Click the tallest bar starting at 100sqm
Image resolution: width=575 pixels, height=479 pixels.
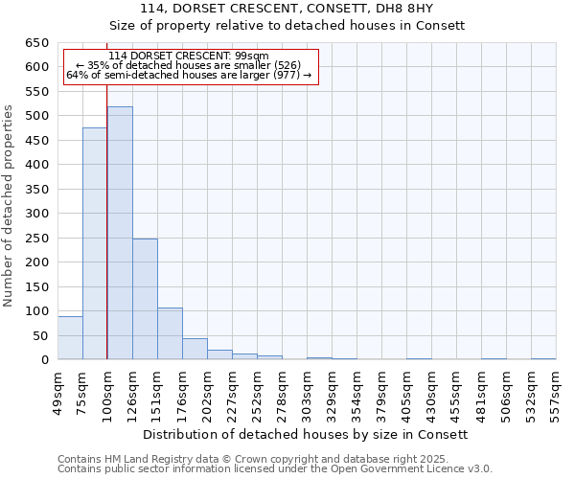pos(120,233)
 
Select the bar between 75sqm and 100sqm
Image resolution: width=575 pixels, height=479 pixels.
pos(95,243)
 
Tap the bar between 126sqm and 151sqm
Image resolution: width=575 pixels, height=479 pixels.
pos(145,299)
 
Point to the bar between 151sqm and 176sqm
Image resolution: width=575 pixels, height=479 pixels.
pos(170,333)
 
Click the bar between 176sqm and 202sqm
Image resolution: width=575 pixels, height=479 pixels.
pos(195,349)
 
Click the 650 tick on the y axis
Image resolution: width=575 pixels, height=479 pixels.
pos(36,43)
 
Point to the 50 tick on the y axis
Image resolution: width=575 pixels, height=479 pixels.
pos(40,336)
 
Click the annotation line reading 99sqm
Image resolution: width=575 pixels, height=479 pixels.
pos(189,56)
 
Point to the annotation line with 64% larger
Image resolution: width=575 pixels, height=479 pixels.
pos(189,76)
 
